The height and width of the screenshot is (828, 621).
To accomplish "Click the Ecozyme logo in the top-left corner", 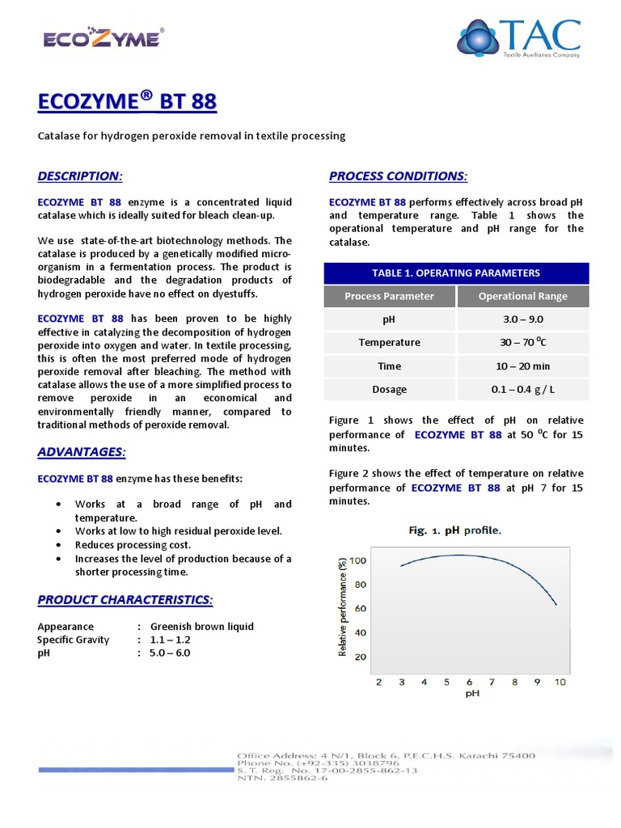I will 103,37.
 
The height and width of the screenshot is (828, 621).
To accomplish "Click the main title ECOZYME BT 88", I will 128,103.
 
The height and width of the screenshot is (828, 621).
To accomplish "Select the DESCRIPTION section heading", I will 80,176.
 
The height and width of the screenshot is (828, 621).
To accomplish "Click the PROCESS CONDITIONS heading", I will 399,176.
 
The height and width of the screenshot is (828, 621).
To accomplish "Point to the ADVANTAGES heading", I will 82,451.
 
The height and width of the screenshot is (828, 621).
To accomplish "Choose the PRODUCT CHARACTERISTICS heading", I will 125,600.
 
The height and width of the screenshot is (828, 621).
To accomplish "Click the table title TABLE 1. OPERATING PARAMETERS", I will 456,272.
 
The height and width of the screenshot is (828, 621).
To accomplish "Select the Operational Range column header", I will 523,296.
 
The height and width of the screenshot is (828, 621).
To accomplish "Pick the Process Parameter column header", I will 389,296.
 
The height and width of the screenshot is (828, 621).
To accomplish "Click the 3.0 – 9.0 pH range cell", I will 523,319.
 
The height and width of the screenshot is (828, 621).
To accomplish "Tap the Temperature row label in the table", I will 389,342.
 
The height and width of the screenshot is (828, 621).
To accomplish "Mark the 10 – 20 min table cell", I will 523,365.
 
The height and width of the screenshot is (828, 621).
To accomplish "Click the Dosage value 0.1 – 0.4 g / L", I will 523,389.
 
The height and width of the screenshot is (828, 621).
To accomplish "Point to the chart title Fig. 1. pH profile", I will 454,530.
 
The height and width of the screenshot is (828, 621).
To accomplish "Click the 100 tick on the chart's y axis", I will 359,560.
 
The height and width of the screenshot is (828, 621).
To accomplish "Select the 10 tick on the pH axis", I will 560,682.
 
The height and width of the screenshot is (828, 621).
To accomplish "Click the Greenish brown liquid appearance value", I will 201,626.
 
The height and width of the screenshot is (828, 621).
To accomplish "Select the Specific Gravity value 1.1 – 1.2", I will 170,640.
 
